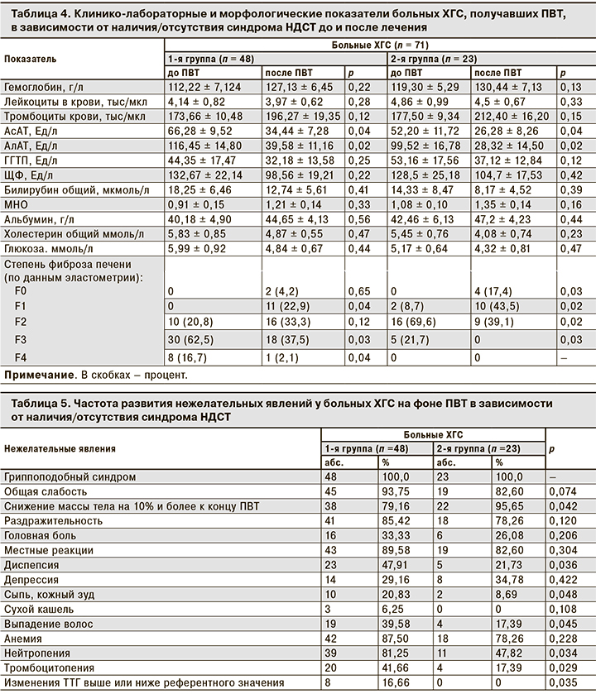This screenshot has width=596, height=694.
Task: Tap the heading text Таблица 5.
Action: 34,403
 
